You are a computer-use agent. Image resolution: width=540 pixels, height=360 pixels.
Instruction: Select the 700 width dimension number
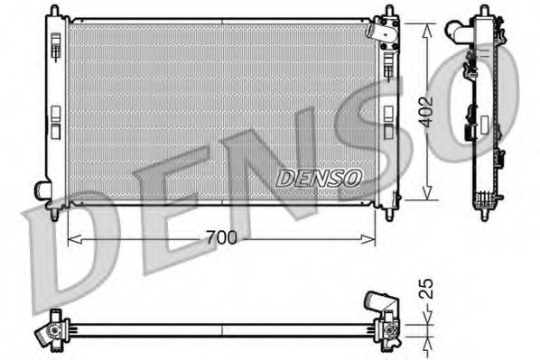(221, 238)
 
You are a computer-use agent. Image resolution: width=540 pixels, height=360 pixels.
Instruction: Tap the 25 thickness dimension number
(429, 289)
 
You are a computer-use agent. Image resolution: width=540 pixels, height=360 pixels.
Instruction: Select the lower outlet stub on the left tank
(42, 190)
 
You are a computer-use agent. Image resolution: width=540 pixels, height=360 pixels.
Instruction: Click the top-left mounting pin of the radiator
(56, 12)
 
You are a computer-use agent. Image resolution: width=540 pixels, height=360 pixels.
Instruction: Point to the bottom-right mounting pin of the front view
(388, 215)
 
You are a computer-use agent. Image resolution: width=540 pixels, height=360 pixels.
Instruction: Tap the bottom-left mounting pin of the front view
(56, 215)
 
